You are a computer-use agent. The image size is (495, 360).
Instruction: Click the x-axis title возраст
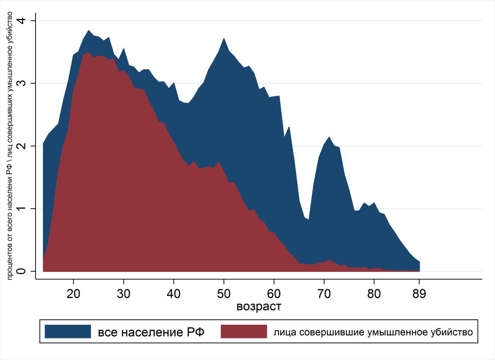click(259, 307)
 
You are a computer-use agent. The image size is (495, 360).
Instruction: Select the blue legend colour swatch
click(68, 332)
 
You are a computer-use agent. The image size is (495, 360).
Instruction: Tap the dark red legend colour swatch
click(244, 332)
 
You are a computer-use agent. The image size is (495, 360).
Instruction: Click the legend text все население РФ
click(151, 332)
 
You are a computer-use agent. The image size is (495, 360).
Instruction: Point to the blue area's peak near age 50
click(224, 39)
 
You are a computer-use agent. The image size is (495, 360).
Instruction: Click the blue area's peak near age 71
click(329, 137)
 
